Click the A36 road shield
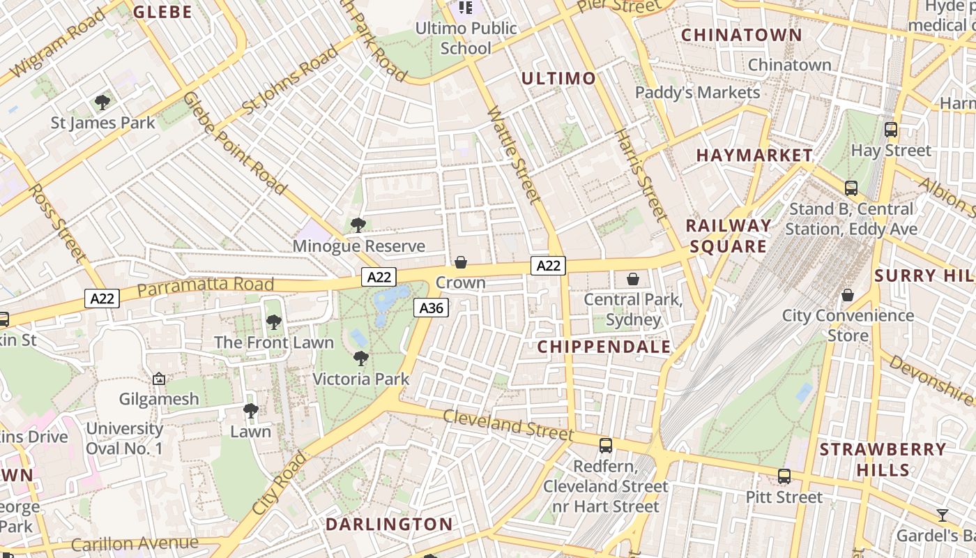431,308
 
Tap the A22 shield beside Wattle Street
548,265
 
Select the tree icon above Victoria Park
360,359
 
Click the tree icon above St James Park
102,103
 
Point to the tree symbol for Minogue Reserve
358,225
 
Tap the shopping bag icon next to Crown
460,262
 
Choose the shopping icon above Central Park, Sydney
633,279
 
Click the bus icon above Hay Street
890,129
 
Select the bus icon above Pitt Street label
784,476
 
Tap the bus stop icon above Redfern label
606,445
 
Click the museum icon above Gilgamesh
159,379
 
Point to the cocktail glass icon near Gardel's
943,515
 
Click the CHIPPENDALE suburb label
604,347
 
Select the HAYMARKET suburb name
754,156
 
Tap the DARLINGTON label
389,524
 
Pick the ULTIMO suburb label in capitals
558,78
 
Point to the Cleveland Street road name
508,424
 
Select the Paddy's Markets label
697,93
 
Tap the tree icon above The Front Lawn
274,322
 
